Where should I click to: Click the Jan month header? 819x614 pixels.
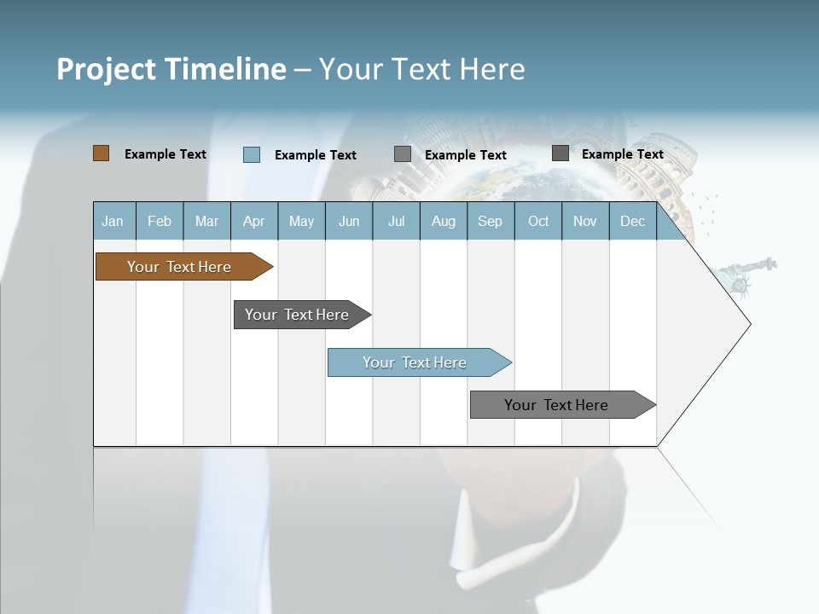click(x=113, y=222)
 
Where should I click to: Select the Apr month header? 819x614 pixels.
click(x=253, y=222)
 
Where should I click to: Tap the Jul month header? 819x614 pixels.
click(x=396, y=222)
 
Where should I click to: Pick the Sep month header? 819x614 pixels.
click(x=490, y=222)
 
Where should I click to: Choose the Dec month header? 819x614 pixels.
click(x=632, y=222)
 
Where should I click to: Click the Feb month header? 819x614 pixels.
click(x=160, y=222)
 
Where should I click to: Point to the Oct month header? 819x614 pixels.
click(x=538, y=222)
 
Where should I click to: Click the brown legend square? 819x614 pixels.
click(x=101, y=153)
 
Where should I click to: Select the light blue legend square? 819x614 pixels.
click(x=251, y=154)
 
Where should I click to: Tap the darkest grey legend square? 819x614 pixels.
click(x=561, y=153)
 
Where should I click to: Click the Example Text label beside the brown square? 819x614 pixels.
click(x=166, y=154)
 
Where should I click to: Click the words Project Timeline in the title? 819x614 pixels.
click(x=171, y=68)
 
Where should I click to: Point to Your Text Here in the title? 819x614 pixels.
click(x=421, y=68)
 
